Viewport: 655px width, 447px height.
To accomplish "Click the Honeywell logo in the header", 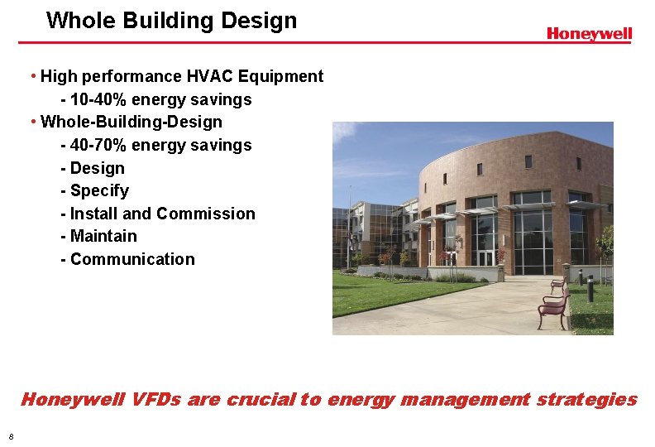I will coord(589,34).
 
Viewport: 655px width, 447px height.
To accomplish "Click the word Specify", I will coord(99,191).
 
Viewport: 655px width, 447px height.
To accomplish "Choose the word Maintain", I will coord(103,237).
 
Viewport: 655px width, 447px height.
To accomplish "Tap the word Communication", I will coord(132,259).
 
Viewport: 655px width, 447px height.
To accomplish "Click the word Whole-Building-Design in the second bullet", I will coord(131,123).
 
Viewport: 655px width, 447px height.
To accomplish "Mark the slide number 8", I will coord(11,436).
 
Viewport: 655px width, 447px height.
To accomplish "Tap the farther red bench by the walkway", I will coord(559,286).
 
